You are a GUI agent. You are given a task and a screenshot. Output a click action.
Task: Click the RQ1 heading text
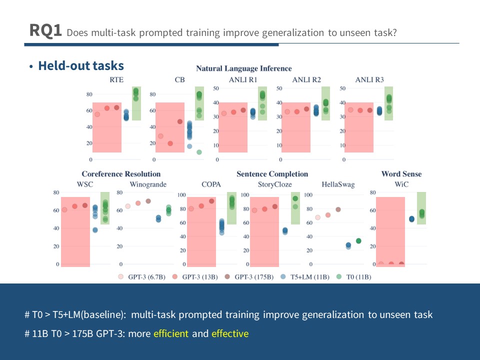(x=45, y=31)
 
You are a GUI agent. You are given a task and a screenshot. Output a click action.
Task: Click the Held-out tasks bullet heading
(x=80, y=65)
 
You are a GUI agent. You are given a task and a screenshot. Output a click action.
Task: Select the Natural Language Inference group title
(x=243, y=68)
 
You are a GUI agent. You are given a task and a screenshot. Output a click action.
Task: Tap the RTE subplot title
(x=116, y=79)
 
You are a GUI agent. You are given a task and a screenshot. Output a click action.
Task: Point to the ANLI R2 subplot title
(x=306, y=79)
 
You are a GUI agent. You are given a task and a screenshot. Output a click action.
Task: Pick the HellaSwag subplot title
(x=338, y=184)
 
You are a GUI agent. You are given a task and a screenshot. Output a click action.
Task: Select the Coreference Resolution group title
(x=121, y=174)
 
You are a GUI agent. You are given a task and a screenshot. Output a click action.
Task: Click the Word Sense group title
(x=401, y=174)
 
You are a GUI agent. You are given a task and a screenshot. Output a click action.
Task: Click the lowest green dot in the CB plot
(x=199, y=152)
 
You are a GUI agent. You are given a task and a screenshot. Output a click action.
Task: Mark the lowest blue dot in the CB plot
(x=189, y=146)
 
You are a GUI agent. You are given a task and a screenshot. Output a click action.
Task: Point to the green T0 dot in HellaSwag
(x=358, y=241)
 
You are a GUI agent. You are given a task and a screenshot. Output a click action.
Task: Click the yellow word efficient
(x=171, y=333)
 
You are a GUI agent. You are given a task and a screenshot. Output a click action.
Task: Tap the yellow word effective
(x=229, y=333)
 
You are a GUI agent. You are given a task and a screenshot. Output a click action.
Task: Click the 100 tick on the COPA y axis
(x=182, y=195)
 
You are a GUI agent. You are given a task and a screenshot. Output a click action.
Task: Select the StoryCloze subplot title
(x=275, y=184)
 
